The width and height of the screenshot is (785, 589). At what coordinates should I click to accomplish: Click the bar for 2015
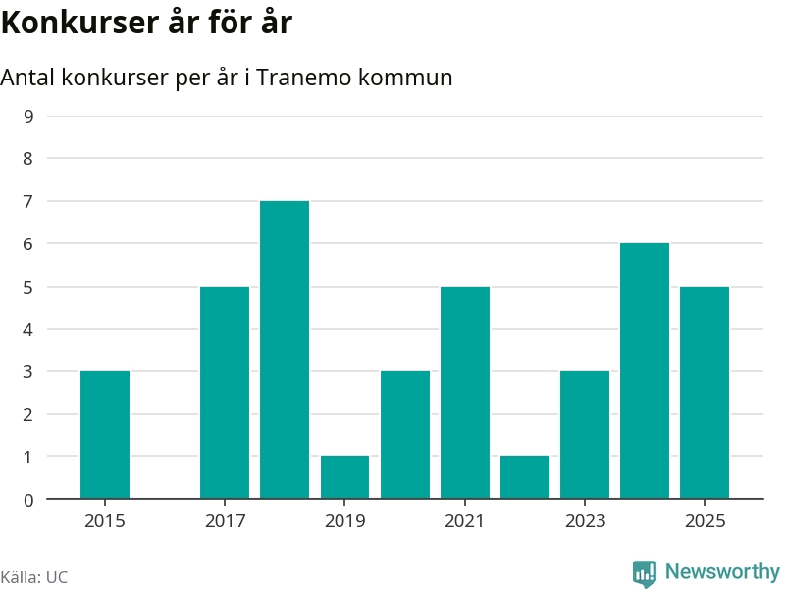pyautogui.click(x=105, y=435)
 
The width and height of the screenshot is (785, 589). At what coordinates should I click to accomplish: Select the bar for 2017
pyautogui.click(x=225, y=393)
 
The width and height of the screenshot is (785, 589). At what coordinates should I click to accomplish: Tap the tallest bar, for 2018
pyautogui.click(x=285, y=349)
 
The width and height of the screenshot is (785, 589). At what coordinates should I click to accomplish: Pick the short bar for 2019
pyautogui.click(x=344, y=478)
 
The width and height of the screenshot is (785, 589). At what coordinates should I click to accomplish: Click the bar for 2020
pyautogui.click(x=405, y=435)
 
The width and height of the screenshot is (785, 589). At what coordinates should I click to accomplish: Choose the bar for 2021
pyautogui.click(x=465, y=393)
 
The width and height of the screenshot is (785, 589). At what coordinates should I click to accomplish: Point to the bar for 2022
pyautogui.click(x=525, y=478)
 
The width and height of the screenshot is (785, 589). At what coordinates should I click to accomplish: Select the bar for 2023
pyautogui.click(x=585, y=435)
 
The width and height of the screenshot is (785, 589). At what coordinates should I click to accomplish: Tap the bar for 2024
pyautogui.click(x=645, y=371)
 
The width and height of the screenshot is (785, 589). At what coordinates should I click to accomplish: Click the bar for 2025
pyautogui.click(x=705, y=393)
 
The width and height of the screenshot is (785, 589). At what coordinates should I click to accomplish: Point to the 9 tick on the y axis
pyautogui.click(x=28, y=116)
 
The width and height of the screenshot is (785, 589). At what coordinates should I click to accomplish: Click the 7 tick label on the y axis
pyautogui.click(x=28, y=201)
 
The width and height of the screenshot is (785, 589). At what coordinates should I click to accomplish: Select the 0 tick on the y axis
pyautogui.click(x=28, y=500)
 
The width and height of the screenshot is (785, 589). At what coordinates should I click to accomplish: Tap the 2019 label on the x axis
pyautogui.click(x=344, y=520)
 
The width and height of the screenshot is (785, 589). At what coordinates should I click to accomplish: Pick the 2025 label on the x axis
pyautogui.click(x=705, y=520)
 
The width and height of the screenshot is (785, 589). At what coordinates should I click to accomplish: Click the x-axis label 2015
pyautogui.click(x=105, y=520)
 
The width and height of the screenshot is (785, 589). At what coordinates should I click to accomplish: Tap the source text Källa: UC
pyautogui.click(x=34, y=577)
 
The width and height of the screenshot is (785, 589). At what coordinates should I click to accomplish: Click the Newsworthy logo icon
pyautogui.click(x=645, y=572)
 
